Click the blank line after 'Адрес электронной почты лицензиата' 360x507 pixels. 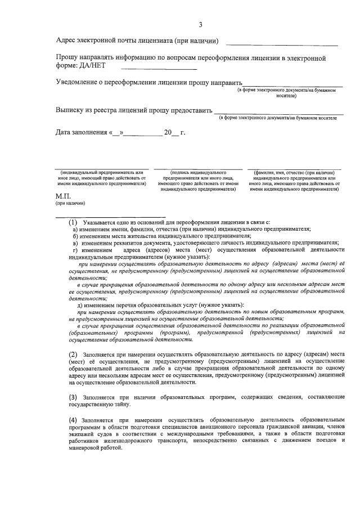[x=282, y=44]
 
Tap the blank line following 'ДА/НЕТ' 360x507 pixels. [x=159, y=69]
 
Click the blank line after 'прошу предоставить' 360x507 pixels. [x=278, y=113]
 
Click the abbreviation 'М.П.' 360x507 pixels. [x=62, y=196]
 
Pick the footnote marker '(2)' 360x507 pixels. [x=73, y=354]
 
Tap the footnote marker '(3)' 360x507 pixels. [x=73, y=397]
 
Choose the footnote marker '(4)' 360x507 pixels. [x=73, y=420]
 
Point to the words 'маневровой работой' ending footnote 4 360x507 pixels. [x=94, y=449]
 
